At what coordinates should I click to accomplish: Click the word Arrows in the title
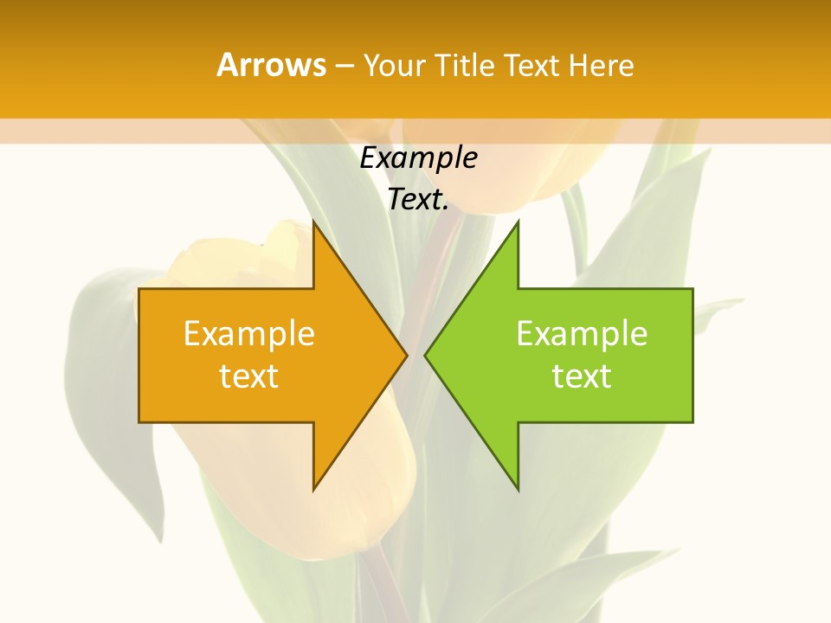pyautogui.click(x=271, y=65)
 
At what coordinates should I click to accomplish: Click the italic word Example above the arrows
pyautogui.click(x=418, y=158)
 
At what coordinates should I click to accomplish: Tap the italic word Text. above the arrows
pyautogui.click(x=418, y=200)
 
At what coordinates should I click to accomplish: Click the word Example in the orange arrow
pyautogui.click(x=248, y=334)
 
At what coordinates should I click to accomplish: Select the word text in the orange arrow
pyautogui.click(x=248, y=376)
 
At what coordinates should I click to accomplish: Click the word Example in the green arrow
pyautogui.click(x=582, y=334)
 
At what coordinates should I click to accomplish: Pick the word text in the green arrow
pyautogui.click(x=582, y=376)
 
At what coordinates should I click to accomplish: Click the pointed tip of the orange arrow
pyautogui.click(x=407, y=356)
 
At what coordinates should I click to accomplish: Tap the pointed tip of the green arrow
pyautogui.click(x=425, y=356)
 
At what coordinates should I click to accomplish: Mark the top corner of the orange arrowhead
pyautogui.click(x=313, y=222)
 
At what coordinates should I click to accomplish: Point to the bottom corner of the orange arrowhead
pyautogui.click(x=313, y=490)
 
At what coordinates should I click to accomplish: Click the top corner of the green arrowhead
pyautogui.click(x=518, y=222)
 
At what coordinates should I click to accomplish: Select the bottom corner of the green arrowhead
pyautogui.click(x=518, y=490)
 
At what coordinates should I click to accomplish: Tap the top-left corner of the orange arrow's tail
pyautogui.click(x=139, y=289)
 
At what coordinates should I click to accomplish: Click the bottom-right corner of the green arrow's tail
pyautogui.click(x=692, y=422)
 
